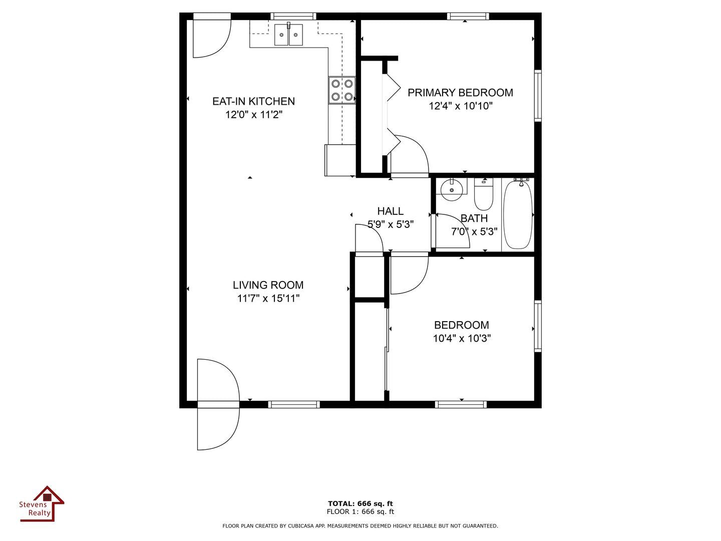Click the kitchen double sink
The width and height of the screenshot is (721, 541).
288,35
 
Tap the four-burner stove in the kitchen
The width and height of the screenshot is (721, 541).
342,90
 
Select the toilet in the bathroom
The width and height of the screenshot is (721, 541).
484,195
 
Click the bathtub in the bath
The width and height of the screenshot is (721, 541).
518,214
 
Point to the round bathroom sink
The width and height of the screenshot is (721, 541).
452,190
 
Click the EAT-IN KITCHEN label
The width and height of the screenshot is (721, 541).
253,101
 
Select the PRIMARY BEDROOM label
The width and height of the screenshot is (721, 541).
460,93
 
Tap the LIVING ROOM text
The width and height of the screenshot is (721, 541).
268,285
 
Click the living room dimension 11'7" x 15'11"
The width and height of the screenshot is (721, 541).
268,299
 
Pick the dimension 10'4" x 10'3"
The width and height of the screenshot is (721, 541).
462,339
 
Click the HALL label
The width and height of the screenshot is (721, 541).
390,211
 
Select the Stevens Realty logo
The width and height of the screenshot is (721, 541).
42,504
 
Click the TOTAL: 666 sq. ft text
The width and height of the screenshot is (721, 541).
360,503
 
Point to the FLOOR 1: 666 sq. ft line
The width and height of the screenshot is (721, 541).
360,512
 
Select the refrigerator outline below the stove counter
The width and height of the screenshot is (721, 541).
340,160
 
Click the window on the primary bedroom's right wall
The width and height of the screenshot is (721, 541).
538,96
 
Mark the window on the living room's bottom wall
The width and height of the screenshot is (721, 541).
294,404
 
